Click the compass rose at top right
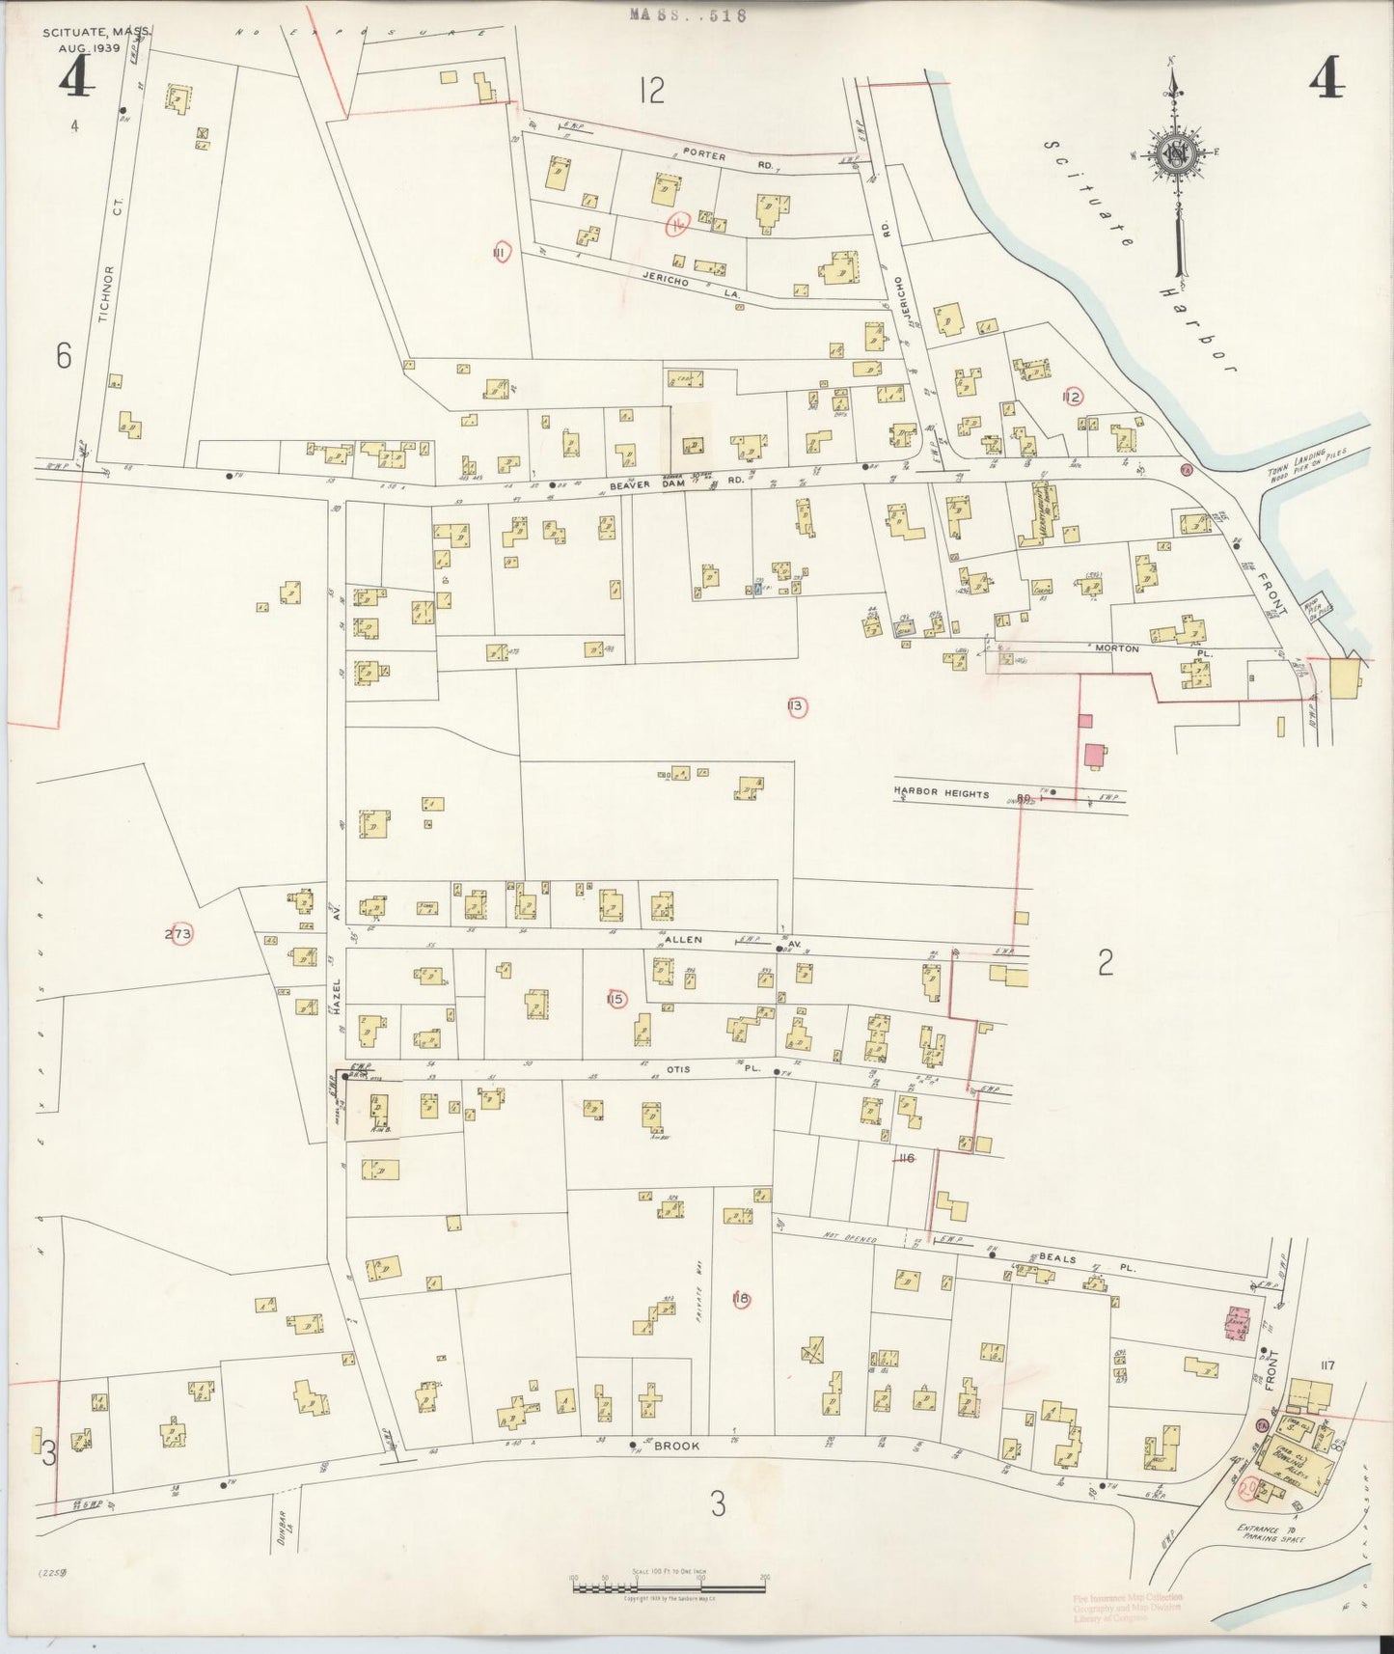1177,154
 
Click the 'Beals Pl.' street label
1066,1259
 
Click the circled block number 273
178,933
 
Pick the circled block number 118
741,1299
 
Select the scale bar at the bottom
669,1581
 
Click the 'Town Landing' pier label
1318,462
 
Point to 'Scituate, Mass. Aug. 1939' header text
95,40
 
